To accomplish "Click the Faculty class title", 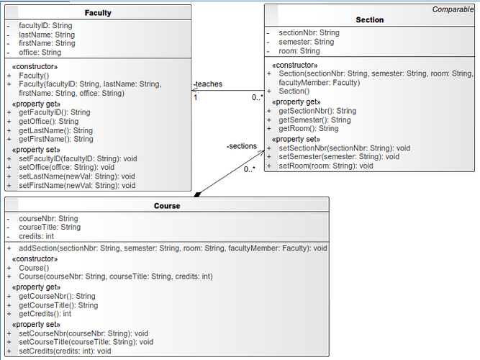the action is pos(98,13).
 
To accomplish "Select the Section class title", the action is pos(369,20).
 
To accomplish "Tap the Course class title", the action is pos(167,206).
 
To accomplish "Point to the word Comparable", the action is pos(453,9).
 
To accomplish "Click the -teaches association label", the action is pos(208,84).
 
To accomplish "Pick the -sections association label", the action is pos(242,146).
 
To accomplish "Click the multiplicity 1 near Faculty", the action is pos(195,98).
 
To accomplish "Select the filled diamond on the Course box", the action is pos(198,194).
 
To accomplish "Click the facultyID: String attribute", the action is pos(45,25).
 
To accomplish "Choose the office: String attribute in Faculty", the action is pos(40,53).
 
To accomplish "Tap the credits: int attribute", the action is pos(36,236).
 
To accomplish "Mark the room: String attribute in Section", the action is pos(299,51).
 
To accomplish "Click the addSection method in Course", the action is pos(173,248).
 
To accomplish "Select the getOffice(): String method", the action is pos(48,122).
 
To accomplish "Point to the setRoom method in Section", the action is pos(326,166).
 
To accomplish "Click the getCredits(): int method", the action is pos(45,314).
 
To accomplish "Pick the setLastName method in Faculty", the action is pos(77,176).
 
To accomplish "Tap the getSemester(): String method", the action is pos(314,120).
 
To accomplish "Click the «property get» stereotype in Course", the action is pos(36,287).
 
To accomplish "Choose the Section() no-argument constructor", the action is pos(294,91).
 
